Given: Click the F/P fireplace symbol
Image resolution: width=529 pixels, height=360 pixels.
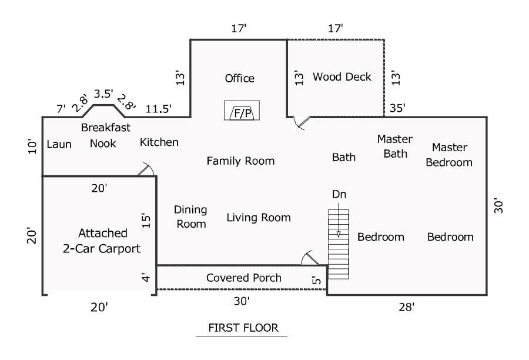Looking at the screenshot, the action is coord(242,111).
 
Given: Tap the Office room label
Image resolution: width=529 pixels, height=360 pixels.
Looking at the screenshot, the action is coord(240,78).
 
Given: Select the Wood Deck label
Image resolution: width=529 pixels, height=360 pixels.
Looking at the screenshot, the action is coord(341,76).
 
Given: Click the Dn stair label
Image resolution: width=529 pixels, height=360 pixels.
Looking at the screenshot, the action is coord(339,194).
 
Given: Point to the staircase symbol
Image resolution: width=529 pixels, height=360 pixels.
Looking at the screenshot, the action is coord(339,244).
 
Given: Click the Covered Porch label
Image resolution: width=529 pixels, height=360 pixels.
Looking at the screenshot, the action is coord(243,278).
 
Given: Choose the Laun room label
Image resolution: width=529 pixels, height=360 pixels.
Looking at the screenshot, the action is coord(59,144).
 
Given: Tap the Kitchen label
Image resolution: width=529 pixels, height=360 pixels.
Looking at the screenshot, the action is coord(159,142).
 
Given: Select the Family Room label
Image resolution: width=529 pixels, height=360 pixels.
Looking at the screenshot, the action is coord(240,161).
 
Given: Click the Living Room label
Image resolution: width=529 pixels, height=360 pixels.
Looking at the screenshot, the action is coord(259,218).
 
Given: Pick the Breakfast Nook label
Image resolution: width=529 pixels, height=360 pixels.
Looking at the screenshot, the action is coord(105,135).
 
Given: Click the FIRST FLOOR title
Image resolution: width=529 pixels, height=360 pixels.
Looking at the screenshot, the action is coord(243,328).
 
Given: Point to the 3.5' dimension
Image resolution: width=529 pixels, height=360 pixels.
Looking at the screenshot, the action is coord(103,94).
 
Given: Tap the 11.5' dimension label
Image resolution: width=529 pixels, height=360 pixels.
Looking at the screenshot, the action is coord(158,109).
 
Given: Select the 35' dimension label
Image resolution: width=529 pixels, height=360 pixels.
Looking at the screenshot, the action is coord(397,108).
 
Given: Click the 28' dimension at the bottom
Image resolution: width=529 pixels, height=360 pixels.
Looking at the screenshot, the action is coord(406,307).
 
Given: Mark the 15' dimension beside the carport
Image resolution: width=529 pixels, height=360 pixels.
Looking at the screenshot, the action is coord(146,221).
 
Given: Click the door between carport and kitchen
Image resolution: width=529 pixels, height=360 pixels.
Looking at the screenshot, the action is coord(146,169).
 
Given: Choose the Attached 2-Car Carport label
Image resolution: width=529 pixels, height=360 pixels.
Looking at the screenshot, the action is coord(102,241).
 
